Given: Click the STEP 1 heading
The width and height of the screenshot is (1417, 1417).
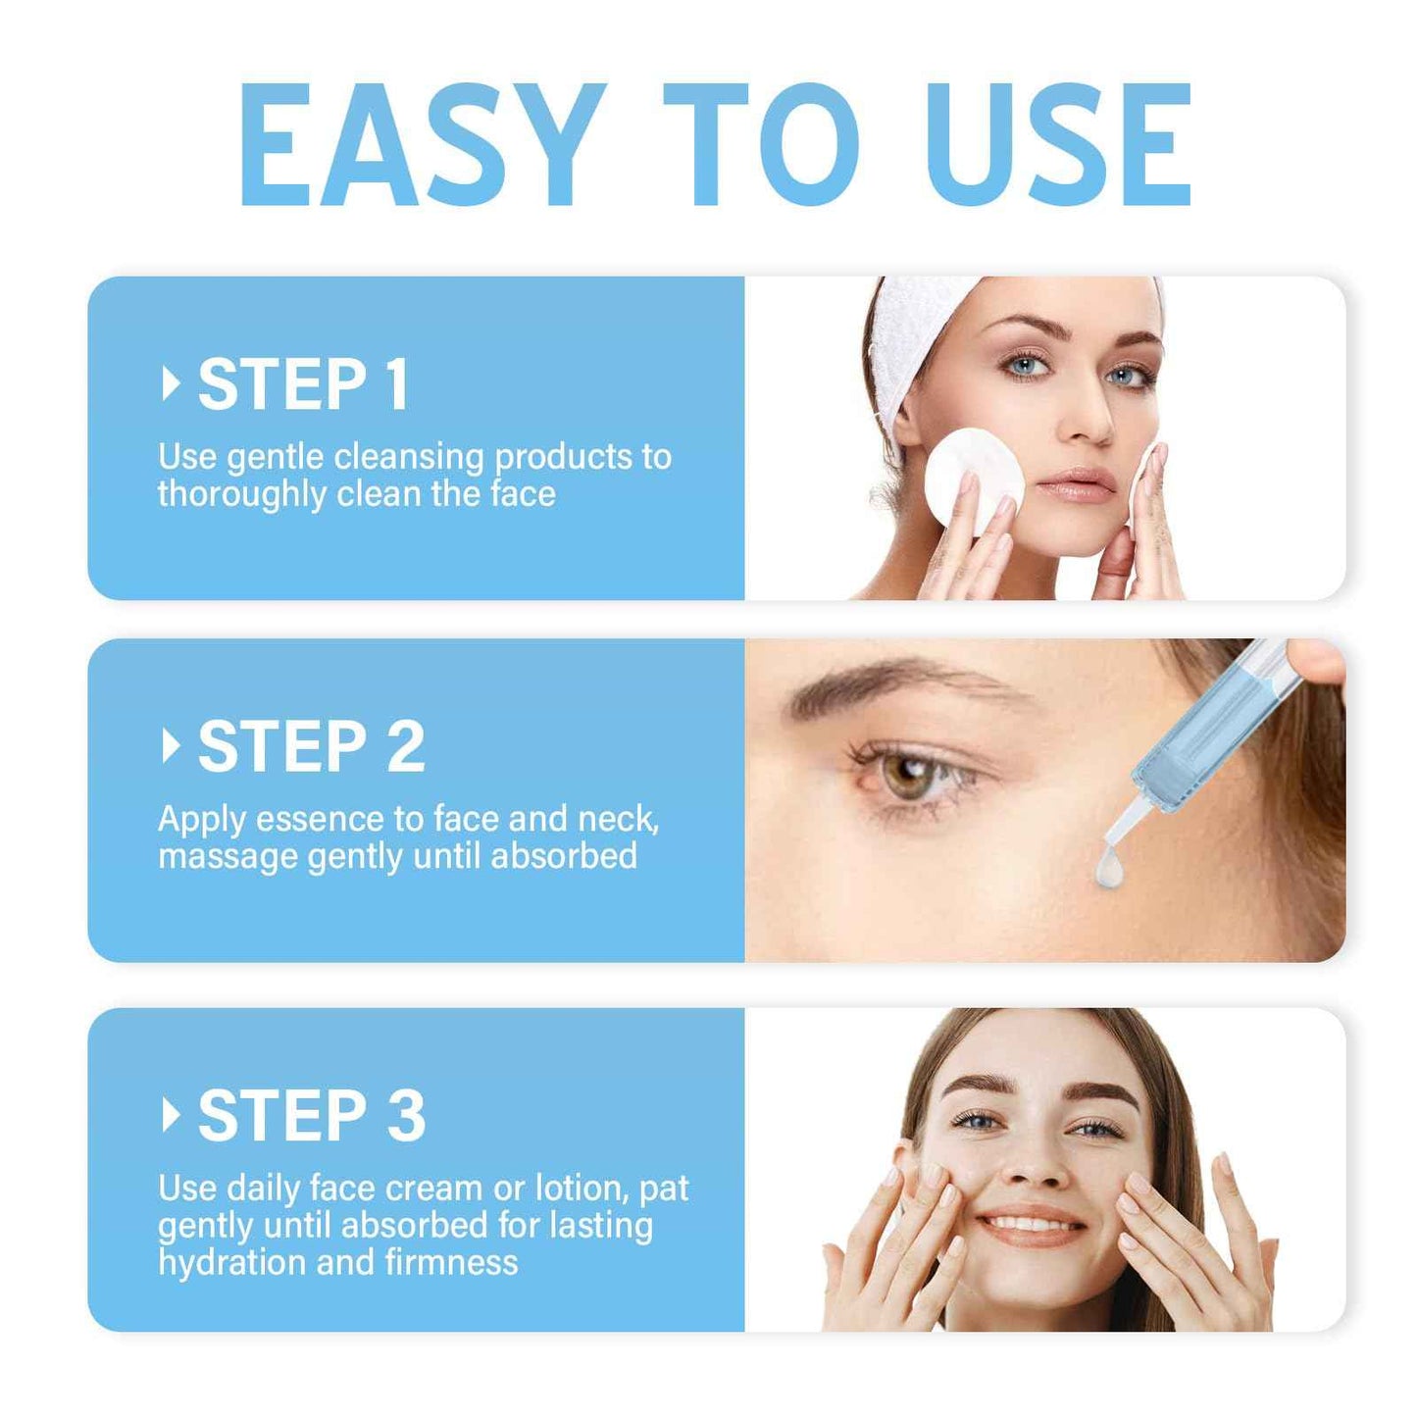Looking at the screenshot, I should tap(303, 384).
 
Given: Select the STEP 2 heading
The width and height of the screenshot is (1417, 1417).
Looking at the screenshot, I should tap(311, 747).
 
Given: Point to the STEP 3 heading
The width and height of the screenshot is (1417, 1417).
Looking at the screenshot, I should tap(311, 1116).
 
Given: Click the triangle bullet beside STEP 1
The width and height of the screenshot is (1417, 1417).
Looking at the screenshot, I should tap(171, 383).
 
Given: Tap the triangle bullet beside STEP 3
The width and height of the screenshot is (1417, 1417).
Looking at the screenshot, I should tap(171, 1115).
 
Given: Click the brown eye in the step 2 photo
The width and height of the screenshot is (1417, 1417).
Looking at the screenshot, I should tap(907, 775).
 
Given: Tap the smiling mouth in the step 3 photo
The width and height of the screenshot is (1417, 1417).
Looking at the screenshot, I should tap(1032, 1226).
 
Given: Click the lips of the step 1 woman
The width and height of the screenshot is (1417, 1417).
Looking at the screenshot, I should tap(1077, 484).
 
